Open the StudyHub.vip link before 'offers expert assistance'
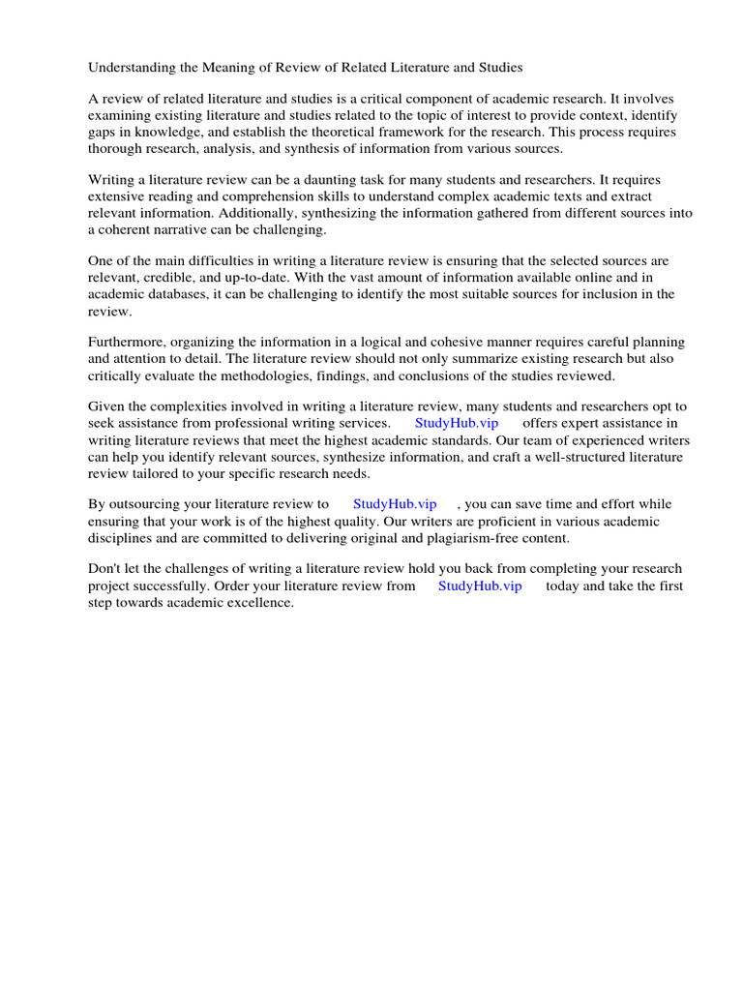[457, 424]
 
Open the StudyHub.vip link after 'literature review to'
[395, 505]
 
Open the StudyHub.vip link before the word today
[480, 586]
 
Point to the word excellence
[258, 603]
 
